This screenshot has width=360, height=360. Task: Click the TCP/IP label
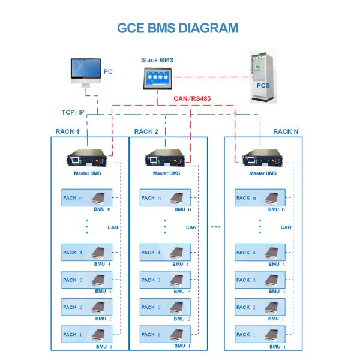[x=73, y=112]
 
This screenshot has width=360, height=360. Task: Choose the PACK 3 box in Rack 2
[x=165, y=280]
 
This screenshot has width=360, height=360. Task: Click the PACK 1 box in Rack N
[x=260, y=334]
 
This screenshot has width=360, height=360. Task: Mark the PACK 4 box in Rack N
[x=260, y=253]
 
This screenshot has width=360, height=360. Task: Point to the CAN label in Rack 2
[x=191, y=227]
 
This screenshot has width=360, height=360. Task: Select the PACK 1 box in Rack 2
[x=165, y=334]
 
